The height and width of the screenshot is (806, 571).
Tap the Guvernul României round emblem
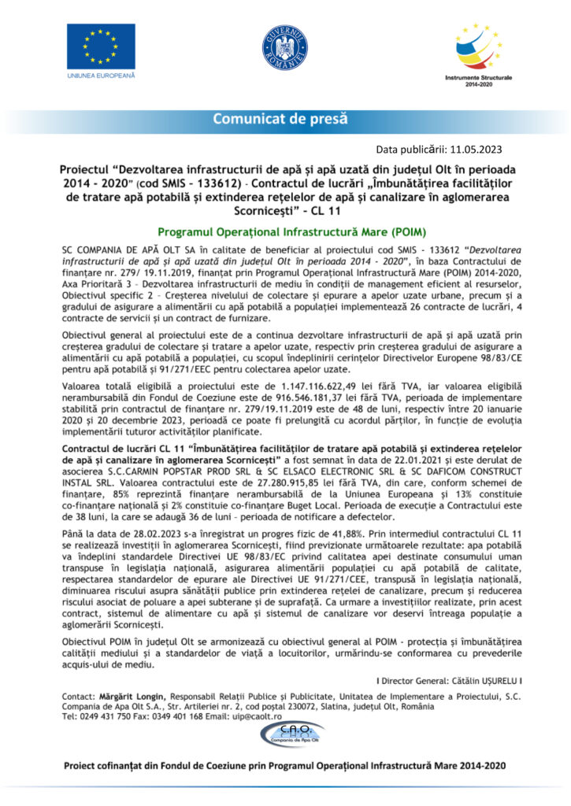click(x=285, y=46)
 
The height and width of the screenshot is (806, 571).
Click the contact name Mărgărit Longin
click(x=132, y=697)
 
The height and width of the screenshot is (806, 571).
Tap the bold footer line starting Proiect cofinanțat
click(x=284, y=765)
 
